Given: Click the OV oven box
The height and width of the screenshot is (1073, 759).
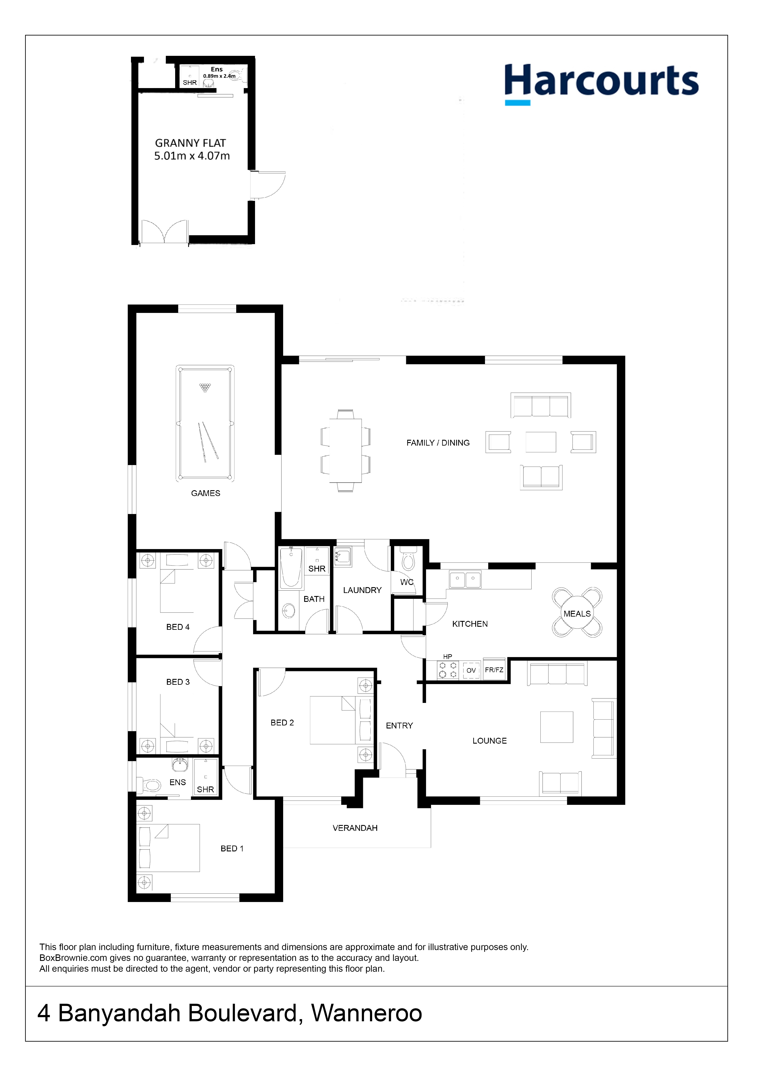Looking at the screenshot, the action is [471, 670].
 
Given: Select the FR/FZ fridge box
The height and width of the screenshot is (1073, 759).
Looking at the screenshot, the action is [494, 670].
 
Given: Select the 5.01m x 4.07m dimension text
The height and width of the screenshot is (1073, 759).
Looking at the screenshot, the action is [192, 156].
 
